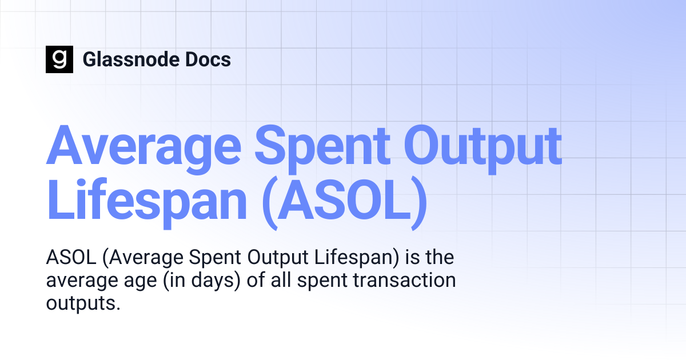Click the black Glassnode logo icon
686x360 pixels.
pyautogui.click(x=59, y=59)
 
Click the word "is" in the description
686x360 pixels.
pyautogui.click(x=412, y=258)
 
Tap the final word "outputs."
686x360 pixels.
pyautogui.click(x=83, y=303)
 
